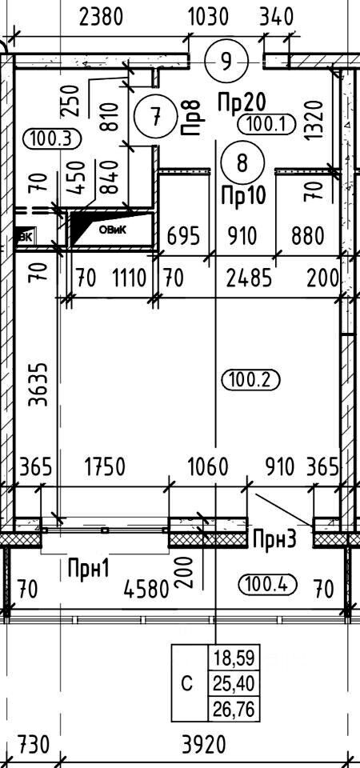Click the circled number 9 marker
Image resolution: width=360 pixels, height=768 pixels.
226,62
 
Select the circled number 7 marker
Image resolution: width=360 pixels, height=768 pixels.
155,117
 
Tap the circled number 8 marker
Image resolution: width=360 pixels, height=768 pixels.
242,163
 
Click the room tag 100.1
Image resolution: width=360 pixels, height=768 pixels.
266,124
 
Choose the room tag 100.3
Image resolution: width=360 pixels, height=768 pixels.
51,138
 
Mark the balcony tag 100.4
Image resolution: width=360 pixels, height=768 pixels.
269,583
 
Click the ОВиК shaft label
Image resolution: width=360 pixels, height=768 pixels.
113,230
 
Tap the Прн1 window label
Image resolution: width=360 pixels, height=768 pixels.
89,569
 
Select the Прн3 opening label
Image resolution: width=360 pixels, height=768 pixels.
274,540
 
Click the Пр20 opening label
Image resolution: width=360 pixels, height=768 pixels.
242,102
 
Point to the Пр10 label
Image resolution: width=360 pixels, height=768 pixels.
243,196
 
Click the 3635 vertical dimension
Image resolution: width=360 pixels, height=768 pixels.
38,385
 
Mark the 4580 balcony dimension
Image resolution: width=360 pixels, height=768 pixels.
146,589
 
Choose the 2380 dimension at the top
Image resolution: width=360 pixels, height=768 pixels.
102,18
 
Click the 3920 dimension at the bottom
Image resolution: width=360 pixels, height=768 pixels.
204,746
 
